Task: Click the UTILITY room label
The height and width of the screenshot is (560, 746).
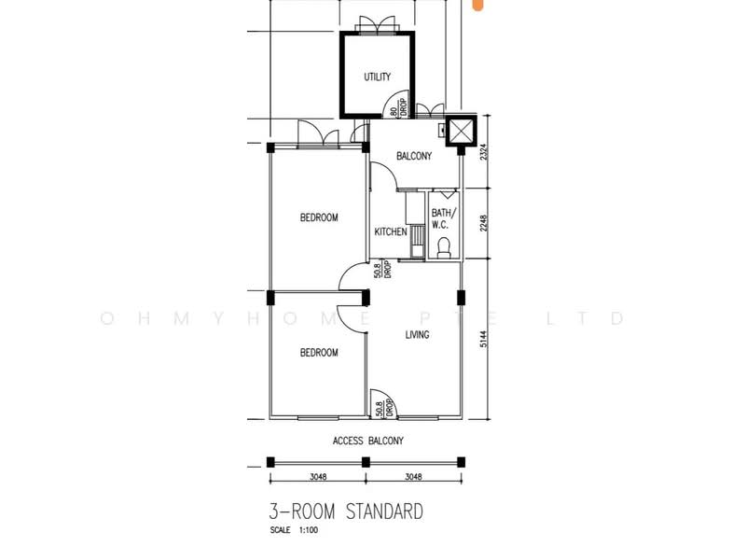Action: pyautogui.click(x=378, y=77)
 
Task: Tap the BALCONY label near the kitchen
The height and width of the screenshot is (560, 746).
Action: pyautogui.click(x=414, y=156)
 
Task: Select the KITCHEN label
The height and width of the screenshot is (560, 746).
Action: pyautogui.click(x=391, y=231)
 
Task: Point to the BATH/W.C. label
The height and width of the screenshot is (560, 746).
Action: pyautogui.click(x=444, y=218)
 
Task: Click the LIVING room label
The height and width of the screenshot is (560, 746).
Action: pyautogui.click(x=417, y=335)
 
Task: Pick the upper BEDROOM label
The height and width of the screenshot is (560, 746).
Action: pyautogui.click(x=319, y=217)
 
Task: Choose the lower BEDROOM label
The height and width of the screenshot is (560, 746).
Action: pyautogui.click(x=319, y=353)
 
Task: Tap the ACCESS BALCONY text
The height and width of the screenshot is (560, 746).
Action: pyautogui.click(x=368, y=441)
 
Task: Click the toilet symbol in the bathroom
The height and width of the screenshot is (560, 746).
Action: pyautogui.click(x=444, y=247)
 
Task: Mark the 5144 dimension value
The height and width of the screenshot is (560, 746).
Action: pyautogui.click(x=483, y=339)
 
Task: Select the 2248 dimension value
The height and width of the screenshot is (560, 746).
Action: pyautogui.click(x=483, y=223)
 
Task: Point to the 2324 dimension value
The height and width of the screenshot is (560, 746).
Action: pyautogui.click(x=483, y=151)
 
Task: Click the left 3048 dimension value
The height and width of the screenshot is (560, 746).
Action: pyautogui.click(x=318, y=476)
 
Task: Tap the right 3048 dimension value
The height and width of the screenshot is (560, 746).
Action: pyautogui.click(x=413, y=476)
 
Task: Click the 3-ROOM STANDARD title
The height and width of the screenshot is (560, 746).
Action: pyautogui.click(x=346, y=511)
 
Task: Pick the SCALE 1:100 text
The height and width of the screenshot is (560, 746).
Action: pyautogui.click(x=294, y=530)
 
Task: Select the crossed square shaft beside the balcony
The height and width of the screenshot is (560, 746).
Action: pyautogui.click(x=461, y=131)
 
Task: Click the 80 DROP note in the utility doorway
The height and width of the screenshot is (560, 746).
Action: pyautogui.click(x=399, y=108)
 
